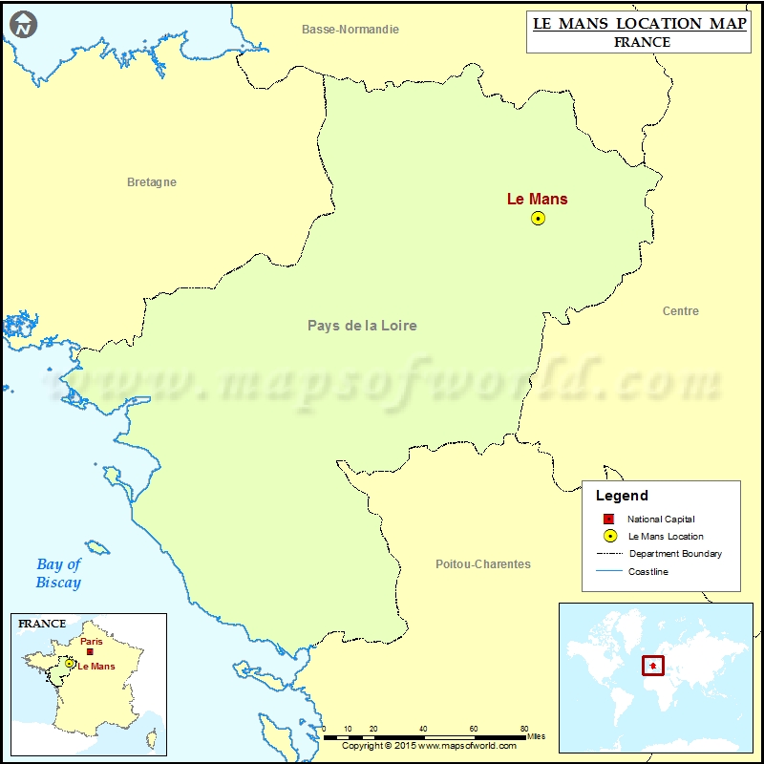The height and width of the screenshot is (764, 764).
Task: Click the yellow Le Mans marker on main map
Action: [538, 219]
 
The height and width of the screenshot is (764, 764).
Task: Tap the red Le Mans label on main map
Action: [537, 199]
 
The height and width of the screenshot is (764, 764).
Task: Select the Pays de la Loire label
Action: [362, 326]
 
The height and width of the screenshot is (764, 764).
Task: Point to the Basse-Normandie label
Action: [350, 30]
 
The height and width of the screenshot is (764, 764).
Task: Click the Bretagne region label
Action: [152, 182]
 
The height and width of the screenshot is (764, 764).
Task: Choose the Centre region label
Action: [680, 311]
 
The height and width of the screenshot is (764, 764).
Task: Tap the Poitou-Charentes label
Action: [482, 564]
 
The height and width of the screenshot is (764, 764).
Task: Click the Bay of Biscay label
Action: [59, 573]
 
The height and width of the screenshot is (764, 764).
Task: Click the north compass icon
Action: [25, 25]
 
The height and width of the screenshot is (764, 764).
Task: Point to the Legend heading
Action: [622, 496]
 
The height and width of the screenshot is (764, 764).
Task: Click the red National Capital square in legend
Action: [608, 519]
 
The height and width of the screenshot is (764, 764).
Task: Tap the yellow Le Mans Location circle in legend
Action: [609, 537]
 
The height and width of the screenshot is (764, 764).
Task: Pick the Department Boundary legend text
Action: [675, 554]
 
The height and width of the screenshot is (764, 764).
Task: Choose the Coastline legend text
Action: [648, 571]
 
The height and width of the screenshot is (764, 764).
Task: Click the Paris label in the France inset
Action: [92, 642]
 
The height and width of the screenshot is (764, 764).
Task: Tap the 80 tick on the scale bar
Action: [524, 729]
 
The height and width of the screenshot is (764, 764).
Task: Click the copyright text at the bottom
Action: [429, 746]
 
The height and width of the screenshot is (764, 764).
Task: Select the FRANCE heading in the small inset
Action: [42, 624]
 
